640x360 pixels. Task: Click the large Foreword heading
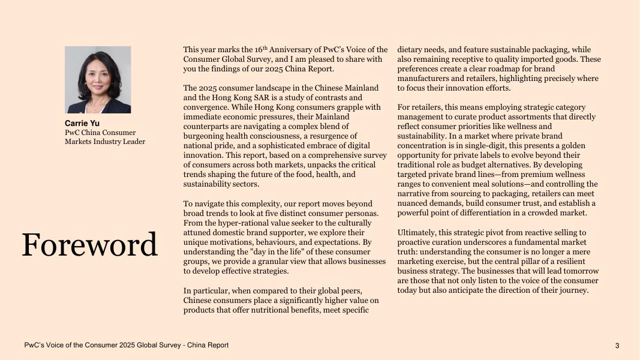click(x=89, y=245)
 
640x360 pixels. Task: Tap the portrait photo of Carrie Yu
click(x=98, y=80)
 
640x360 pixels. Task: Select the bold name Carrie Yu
click(x=82, y=124)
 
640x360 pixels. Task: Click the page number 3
click(x=617, y=346)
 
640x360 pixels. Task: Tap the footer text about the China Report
click(x=126, y=346)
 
